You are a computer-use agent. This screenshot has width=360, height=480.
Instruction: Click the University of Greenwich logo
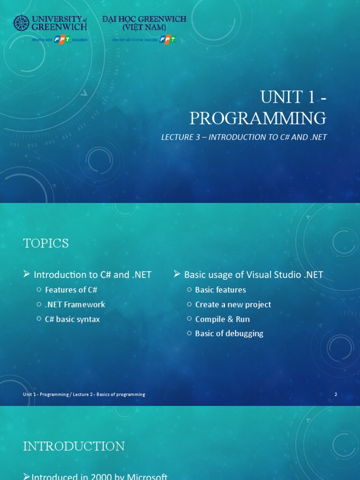(x=50, y=23)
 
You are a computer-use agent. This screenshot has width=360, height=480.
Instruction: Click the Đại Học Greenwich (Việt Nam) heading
(x=144, y=23)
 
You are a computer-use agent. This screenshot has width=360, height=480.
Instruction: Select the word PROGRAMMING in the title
(x=257, y=118)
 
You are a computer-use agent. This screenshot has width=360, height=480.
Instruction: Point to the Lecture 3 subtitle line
(x=243, y=137)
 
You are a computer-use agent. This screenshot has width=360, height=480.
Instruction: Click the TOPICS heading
(x=46, y=243)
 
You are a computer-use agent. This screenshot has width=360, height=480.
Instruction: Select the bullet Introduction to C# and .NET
(x=92, y=275)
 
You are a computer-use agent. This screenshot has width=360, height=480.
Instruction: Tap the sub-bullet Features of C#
(x=71, y=290)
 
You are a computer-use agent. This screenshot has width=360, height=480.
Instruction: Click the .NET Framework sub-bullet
(x=75, y=304)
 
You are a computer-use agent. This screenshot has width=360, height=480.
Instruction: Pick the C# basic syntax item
(x=72, y=319)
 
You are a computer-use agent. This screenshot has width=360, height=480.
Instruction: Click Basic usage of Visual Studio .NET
(x=253, y=275)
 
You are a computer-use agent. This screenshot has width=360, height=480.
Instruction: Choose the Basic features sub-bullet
(x=220, y=290)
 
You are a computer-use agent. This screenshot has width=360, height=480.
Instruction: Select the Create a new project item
(x=233, y=304)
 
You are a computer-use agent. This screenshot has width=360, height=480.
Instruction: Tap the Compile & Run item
(x=222, y=319)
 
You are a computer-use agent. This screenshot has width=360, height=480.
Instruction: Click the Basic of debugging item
(x=229, y=333)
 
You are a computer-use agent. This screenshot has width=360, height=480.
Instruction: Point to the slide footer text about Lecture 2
(x=84, y=394)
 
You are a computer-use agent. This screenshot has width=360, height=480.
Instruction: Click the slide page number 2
(x=336, y=394)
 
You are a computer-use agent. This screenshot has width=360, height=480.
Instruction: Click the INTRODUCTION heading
(x=74, y=446)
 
